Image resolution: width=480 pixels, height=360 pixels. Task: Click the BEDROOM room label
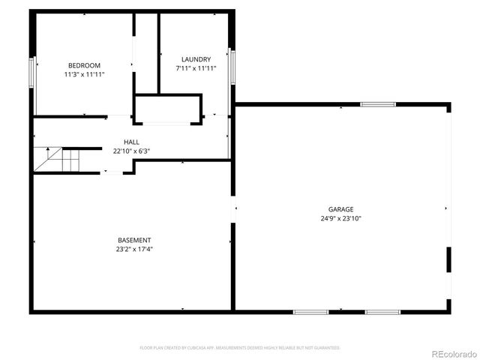(x=84, y=65)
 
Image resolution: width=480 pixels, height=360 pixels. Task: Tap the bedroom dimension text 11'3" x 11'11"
(x=84, y=74)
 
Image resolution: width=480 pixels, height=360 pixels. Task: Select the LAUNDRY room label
(x=196, y=59)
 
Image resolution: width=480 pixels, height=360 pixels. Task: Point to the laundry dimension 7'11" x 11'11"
(x=196, y=68)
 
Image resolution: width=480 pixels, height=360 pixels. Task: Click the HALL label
(x=131, y=142)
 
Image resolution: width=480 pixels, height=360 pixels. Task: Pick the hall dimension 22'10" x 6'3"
(x=131, y=151)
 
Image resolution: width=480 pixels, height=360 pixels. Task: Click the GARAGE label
(x=340, y=210)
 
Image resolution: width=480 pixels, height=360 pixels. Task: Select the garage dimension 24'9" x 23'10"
(x=340, y=219)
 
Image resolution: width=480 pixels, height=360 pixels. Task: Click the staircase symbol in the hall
(x=56, y=159)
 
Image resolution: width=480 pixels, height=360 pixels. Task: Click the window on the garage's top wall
(x=377, y=104)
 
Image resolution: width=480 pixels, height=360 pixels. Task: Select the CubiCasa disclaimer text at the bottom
(x=240, y=348)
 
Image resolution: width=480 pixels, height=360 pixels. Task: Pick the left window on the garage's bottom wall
(x=310, y=311)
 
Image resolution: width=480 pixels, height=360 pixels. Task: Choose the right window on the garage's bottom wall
(x=382, y=311)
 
